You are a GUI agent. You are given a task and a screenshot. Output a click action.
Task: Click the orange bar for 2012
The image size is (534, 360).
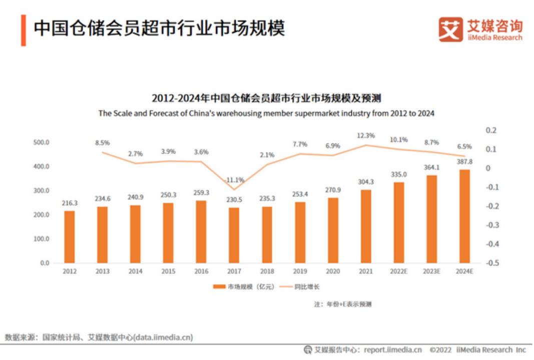click(70, 236)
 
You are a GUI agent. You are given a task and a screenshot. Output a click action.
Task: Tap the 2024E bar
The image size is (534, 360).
click(464, 216)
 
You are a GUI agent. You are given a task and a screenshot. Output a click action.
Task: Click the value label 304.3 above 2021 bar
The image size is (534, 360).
click(366, 182)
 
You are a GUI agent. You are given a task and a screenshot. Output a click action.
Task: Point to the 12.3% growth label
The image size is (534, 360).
click(366, 135)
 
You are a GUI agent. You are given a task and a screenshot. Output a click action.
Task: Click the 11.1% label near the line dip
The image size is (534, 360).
click(234, 179)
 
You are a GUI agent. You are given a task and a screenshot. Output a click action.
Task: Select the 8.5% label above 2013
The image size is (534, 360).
click(102, 142)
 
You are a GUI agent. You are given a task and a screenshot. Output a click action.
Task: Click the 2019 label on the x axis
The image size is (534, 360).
click(300, 271)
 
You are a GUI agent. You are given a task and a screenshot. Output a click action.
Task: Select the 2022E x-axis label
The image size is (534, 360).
click(399, 271)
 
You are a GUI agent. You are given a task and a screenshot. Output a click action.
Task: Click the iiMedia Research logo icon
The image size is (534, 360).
click(450, 29)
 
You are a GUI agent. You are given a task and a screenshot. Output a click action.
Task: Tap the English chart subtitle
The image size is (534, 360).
click(266, 113)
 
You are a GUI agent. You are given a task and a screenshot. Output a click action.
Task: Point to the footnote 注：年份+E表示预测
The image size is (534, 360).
click(343, 304)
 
